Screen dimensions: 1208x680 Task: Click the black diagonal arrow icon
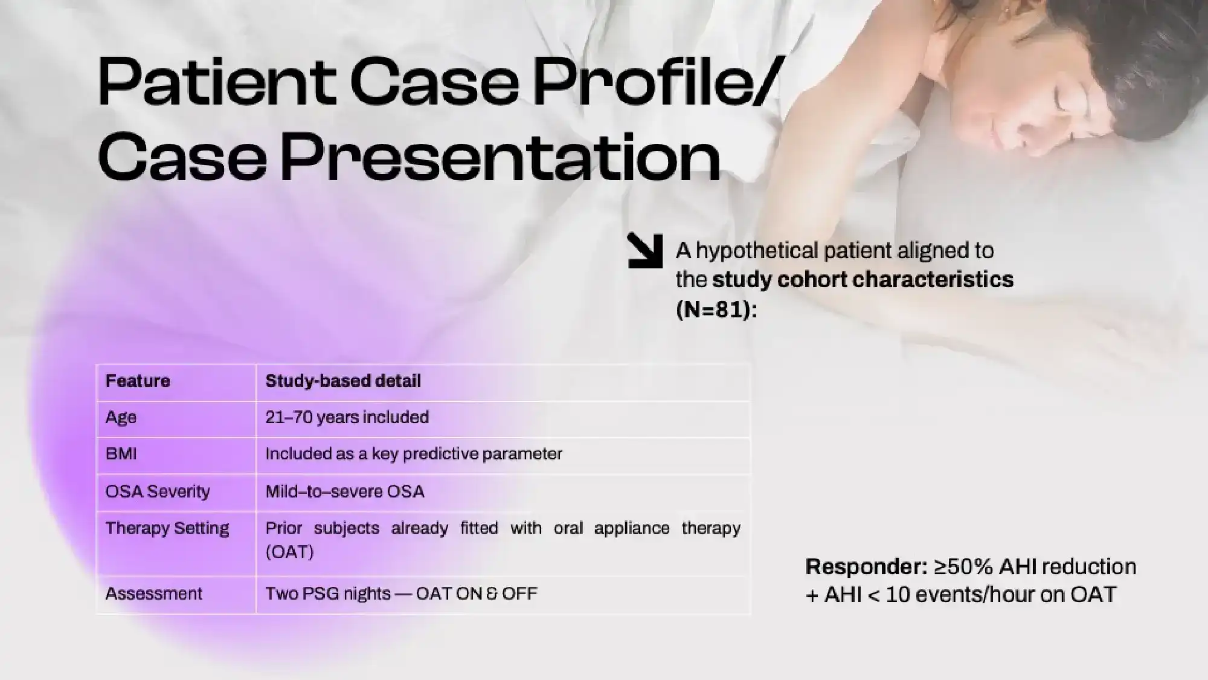point(645,250)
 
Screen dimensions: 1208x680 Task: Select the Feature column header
point(138,381)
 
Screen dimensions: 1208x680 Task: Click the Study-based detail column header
point(343,381)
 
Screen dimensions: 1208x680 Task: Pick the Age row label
point(121,418)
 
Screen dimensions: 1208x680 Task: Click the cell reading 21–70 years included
point(347,417)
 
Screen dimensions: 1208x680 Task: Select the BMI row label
point(121,454)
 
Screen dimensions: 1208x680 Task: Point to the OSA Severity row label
point(158,491)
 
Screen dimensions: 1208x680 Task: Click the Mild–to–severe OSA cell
point(345,491)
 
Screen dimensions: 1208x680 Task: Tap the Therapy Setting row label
point(167,528)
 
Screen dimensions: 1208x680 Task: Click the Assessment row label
point(154,594)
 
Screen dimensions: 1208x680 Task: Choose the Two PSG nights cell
point(401,594)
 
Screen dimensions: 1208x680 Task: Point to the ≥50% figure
point(963,567)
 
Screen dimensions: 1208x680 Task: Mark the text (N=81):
point(716,309)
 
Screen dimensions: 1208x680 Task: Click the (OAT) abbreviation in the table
point(289,552)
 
